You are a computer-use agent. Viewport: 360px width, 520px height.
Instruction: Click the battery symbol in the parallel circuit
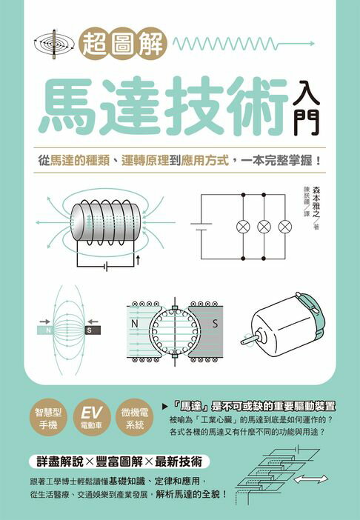pos(201,225)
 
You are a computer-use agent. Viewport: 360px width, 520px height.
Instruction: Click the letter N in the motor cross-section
pos(135,324)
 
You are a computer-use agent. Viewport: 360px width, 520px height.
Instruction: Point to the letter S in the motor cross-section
pos(214,324)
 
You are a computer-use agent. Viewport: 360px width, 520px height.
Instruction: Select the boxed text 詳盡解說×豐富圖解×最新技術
pos(119,461)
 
